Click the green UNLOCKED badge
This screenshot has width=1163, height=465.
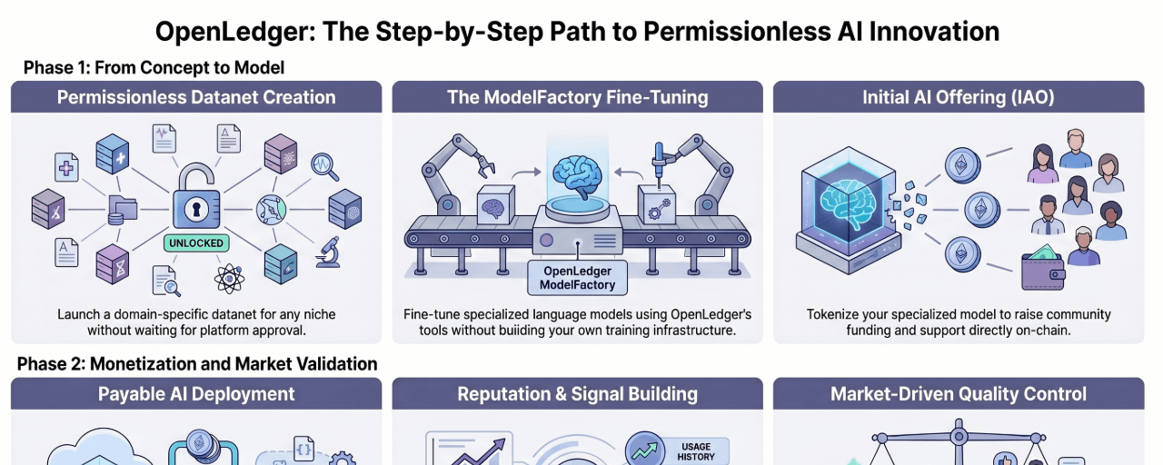(196, 242)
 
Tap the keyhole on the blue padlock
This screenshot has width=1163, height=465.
(196, 209)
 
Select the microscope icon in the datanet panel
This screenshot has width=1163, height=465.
(329, 252)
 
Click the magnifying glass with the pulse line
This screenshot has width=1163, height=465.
(325, 166)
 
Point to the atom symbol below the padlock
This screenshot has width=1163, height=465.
(229, 279)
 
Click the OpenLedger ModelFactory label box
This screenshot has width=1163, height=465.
(577, 278)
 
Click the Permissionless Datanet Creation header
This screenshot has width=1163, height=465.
(196, 97)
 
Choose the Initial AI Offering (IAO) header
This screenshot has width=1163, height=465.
(959, 97)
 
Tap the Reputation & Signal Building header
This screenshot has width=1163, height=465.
(577, 394)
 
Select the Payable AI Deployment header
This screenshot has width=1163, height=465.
(196, 394)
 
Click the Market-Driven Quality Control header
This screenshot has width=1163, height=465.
(959, 394)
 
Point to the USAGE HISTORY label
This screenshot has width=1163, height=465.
(696, 451)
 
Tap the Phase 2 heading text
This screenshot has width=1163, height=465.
(197, 364)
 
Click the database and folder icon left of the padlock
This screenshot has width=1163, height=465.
(122, 210)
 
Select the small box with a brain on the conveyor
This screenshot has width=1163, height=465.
(496, 205)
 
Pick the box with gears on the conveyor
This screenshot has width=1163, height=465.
(656, 205)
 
